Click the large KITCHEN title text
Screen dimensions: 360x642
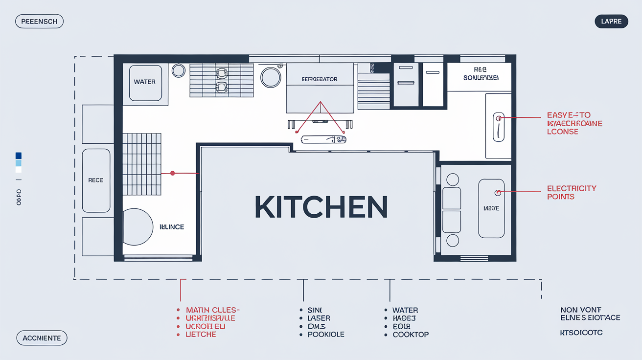click(x=321, y=207)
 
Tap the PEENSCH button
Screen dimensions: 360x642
click(x=39, y=22)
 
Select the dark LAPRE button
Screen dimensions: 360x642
click(x=611, y=22)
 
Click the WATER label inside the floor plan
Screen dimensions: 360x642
click(x=145, y=82)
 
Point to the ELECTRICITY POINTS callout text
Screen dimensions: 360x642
click(x=572, y=192)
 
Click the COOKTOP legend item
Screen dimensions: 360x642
click(x=411, y=335)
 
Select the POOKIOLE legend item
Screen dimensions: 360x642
click(x=326, y=335)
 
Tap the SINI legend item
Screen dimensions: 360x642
click(x=315, y=310)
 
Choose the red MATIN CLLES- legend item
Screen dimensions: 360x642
click(x=212, y=310)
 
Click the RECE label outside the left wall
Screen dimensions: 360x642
click(x=96, y=180)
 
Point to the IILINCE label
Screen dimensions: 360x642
click(x=172, y=227)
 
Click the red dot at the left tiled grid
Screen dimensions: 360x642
click(x=172, y=173)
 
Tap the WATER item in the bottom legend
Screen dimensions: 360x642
click(x=405, y=310)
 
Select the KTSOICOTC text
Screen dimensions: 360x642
click(x=581, y=333)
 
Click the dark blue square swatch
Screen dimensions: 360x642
click(x=19, y=156)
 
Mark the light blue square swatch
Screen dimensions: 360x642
click(x=19, y=163)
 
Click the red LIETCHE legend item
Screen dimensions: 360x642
click(x=201, y=335)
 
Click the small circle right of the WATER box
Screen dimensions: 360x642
click(x=179, y=71)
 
